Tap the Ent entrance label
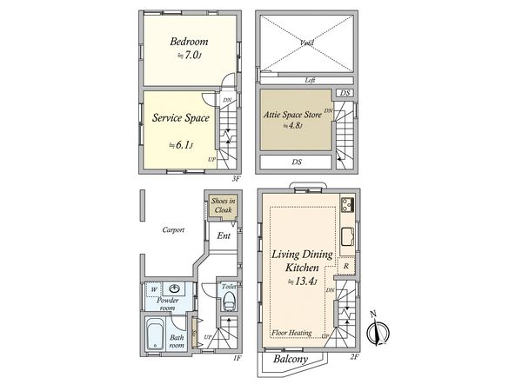click(x=223, y=236)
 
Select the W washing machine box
click(x=153, y=289)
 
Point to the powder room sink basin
click(x=177, y=289)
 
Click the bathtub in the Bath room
click(x=157, y=334)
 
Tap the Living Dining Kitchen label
click(x=298, y=262)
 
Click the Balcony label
click(x=290, y=357)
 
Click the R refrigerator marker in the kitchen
click(x=345, y=266)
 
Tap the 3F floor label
click(x=235, y=178)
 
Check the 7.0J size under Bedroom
click(x=189, y=56)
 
